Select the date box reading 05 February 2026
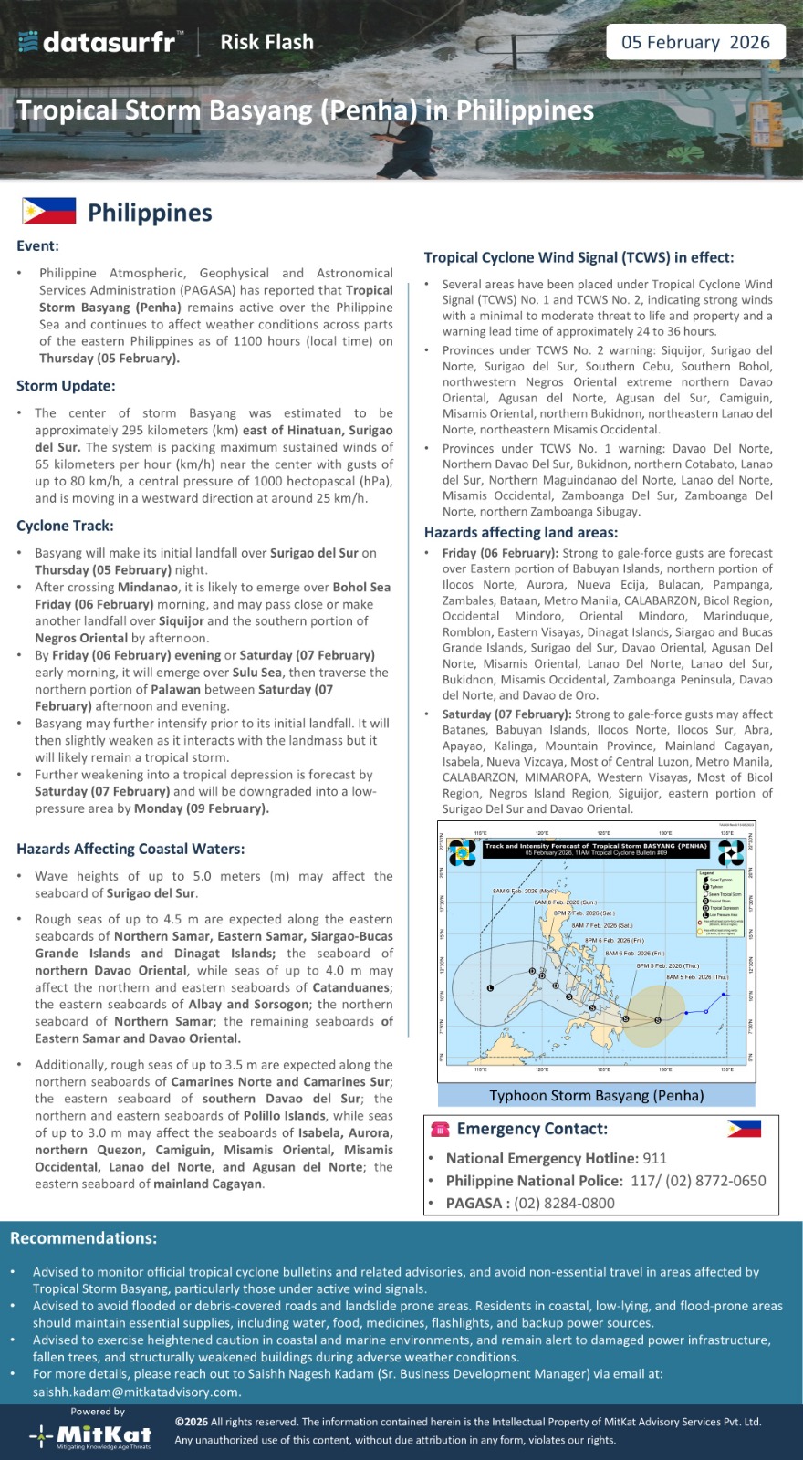coord(695,42)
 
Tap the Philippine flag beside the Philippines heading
coord(49,212)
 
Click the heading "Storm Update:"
coord(66,386)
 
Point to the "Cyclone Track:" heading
coord(65,526)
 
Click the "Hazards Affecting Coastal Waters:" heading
coord(130,849)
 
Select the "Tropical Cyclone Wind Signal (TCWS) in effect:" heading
coord(579,257)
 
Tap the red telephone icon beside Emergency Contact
coord(441,1130)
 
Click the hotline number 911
coord(654,1158)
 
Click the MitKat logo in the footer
coord(91,1434)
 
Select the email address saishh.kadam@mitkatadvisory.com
coord(136,1392)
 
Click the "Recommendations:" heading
coord(83,1238)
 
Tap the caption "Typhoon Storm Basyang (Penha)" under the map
coord(597,1095)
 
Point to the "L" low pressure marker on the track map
coord(490,987)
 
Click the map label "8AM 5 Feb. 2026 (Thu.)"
coord(697,977)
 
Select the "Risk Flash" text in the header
coord(266,42)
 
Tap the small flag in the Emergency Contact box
coord(744,1129)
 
